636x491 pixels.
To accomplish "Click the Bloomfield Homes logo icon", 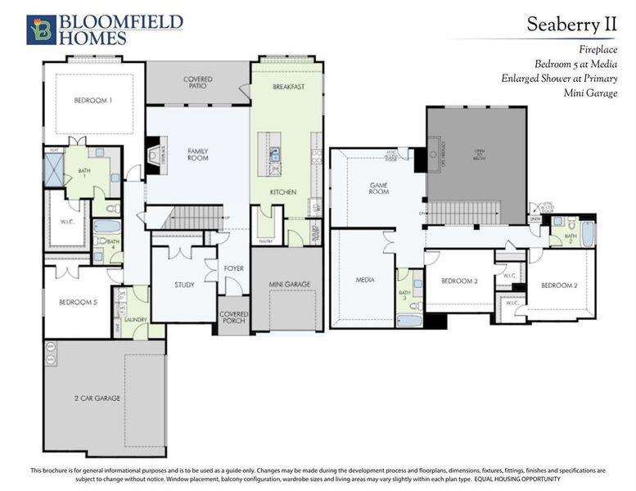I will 41,29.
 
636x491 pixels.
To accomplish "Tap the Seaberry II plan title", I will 571,25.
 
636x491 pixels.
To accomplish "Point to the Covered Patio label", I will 197,83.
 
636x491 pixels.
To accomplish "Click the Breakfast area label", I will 288,86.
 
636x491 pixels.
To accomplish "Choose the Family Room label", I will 198,154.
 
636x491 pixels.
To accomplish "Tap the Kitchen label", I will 283,191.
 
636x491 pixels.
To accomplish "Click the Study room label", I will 184,285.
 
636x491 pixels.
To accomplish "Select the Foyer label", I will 233,268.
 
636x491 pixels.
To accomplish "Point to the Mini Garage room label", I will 290,285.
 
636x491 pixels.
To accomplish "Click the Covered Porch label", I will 233,317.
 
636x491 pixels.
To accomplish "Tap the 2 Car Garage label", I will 97,398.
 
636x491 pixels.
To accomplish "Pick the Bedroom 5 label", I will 78,302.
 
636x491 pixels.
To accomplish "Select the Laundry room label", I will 135,320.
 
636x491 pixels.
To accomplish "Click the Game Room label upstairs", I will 378,188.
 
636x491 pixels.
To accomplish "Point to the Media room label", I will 365,280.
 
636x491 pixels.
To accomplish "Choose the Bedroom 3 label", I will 459,281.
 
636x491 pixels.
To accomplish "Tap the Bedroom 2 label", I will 558,285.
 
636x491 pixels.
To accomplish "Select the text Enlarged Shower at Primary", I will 559,79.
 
